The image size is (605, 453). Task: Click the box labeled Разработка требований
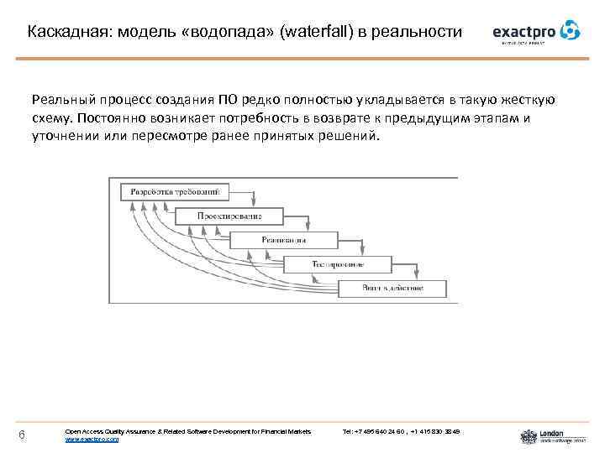[175, 192]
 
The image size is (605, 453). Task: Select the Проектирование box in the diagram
[229, 216]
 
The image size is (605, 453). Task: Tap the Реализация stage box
[283, 240]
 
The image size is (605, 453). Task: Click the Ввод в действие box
[392, 289]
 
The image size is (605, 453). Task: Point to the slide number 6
[22, 434]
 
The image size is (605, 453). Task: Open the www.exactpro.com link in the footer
[92, 439]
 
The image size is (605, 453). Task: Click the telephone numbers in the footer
[402, 431]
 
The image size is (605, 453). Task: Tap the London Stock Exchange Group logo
[543, 435]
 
